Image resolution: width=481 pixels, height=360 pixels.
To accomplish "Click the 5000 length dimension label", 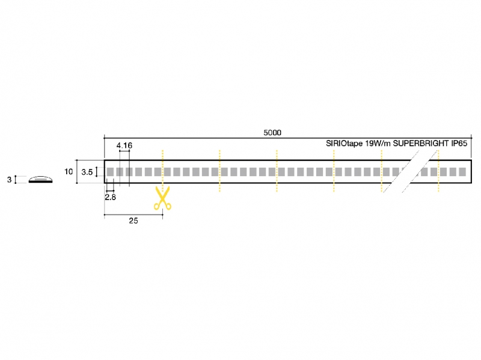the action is click(272, 132).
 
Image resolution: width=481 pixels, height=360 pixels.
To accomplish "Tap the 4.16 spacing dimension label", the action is click(124, 145).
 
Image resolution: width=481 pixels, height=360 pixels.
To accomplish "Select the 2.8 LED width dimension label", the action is click(111, 197).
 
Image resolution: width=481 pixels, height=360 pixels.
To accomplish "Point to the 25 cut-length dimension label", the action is click(133, 221).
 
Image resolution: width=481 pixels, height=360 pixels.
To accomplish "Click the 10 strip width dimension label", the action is click(69, 171).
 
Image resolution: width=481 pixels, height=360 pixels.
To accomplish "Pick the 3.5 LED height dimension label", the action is click(87, 172).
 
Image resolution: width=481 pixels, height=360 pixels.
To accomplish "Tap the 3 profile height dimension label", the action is click(9, 179).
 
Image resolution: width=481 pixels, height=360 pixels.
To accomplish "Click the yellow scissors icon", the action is click(162, 198).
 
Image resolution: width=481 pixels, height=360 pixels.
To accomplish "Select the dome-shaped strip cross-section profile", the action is click(40, 179).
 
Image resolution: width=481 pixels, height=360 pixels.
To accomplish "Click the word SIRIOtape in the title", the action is click(344, 144).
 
